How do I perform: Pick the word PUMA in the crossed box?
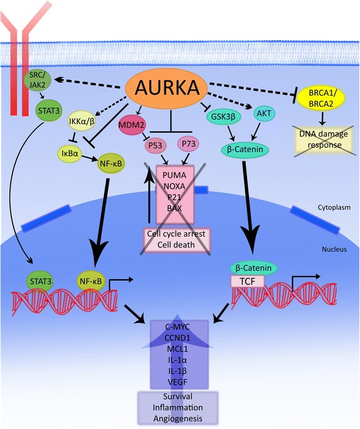click(179, 175)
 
